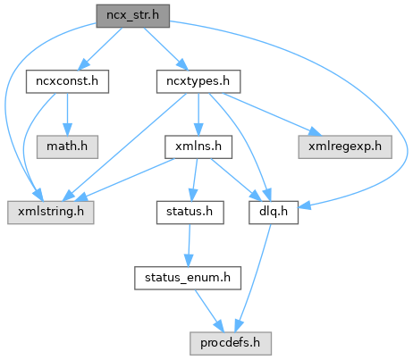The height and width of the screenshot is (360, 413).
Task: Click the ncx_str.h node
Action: (x=133, y=16)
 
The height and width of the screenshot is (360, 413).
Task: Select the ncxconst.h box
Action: (x=67, y=81)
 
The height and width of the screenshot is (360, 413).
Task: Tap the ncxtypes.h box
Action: (x=198, y=81)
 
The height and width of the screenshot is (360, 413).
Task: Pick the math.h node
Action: (x=67, y=147)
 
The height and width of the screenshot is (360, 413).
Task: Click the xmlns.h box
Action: (x=198, y=147)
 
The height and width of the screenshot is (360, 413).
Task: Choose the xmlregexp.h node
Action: (x=345, y=147)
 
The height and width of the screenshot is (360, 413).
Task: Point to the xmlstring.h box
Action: (x=51, y=213)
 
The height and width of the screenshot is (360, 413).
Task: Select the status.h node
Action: (x=190, y=213)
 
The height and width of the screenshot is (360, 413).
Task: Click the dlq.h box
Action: (x=274, y=213)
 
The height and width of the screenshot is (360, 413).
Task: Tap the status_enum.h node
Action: (x=188, y=278)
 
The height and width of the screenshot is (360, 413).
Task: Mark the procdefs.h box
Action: (x=231, y=344)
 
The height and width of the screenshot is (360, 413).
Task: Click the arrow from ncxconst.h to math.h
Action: (x=67, y=114)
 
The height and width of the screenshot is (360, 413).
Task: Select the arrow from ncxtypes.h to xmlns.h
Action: (x=198, y=114)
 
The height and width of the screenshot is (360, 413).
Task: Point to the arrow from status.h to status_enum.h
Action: (x=189, y=246)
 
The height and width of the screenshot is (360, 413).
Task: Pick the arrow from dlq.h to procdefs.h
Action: (x=254, y=278)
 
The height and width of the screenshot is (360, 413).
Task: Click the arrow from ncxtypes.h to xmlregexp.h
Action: (x=272, y=114)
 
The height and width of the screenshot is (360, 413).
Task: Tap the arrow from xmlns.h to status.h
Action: (x=195, y=180)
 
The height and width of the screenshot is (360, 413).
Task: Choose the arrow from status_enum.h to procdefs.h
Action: (x=209, y=311)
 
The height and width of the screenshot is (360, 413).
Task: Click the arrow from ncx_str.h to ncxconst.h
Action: (x=100, y=49)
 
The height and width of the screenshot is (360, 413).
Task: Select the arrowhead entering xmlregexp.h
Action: (x=316, y=132)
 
